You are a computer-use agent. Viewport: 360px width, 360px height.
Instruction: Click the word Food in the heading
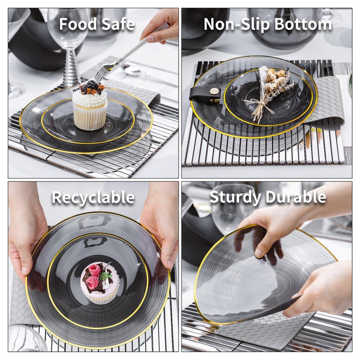[x=78, y=24]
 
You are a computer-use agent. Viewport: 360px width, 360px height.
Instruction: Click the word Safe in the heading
[x=118, y=24]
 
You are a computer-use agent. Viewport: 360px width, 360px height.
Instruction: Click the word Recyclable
[x=93, y=198]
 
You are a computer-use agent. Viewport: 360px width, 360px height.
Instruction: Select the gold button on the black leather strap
[x=216, y=92]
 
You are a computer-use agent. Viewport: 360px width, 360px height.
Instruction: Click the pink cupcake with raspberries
[x=99, y=283]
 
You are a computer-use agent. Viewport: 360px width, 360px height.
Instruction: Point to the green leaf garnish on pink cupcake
[x=106, y=275]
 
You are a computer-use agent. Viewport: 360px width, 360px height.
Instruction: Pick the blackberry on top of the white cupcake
[x=91, y=84]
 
